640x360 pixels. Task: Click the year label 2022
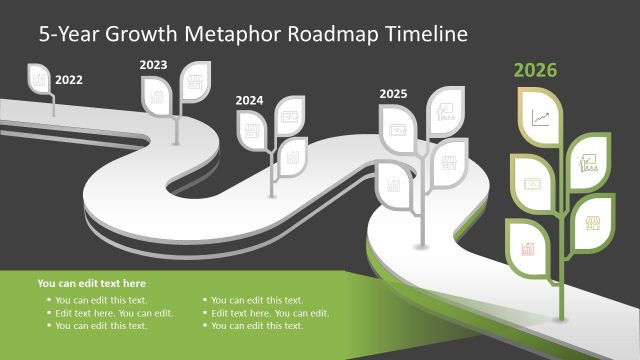click(x=69, y=79)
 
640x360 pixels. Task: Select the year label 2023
click(x=153, y=65)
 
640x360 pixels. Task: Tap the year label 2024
click(x=249, y=100)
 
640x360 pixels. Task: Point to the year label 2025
click(x=393, y=93)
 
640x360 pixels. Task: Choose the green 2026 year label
click(x=535, y=70)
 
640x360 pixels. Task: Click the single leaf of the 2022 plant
click(x=40, y=78)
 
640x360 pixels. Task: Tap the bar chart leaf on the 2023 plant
click(x=156, y=96)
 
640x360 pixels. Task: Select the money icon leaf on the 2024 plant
click(x=290, y=116)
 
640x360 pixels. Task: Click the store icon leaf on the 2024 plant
click(x=250, y=128)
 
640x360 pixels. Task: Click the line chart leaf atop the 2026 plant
click(x=541, y=117)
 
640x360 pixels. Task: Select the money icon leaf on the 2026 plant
click(x=532, y=182)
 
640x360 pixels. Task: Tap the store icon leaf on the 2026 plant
click(x=591, y=218)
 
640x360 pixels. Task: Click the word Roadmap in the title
click(x=330, y=34)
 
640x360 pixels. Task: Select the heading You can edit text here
click(x=91, y=284)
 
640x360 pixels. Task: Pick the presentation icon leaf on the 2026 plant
click(x=591, y=160)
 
